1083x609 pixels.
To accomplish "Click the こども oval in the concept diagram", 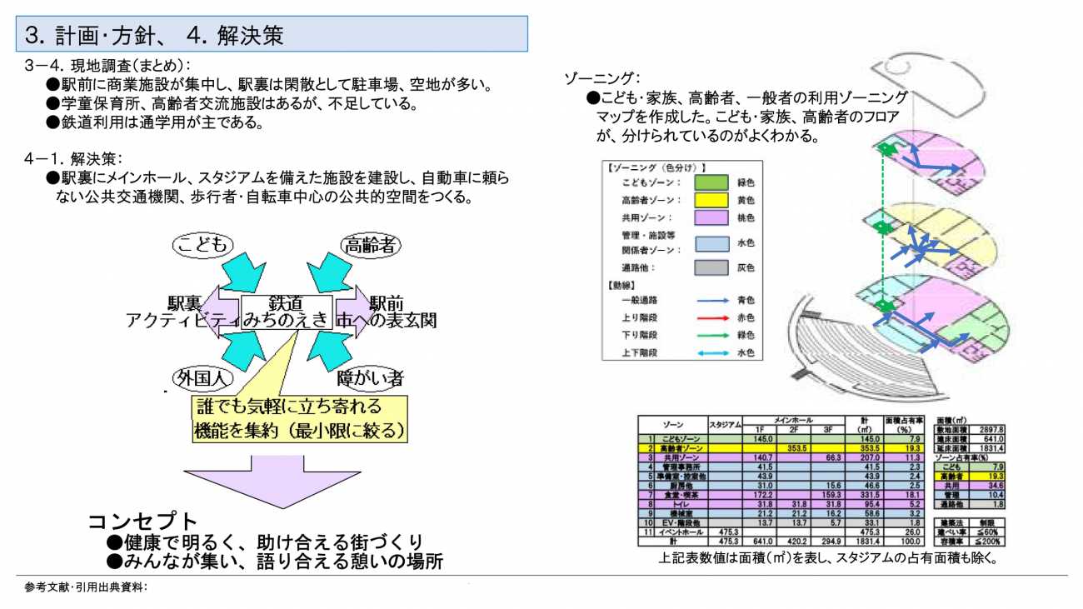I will (x=203, y=244).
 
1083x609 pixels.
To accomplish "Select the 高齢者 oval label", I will (x=370, y=244).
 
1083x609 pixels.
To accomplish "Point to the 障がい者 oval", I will (x=370, y=378).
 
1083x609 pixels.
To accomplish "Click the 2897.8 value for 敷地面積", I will (x=992, y=429).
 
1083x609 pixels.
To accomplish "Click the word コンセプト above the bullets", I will (x=143, y=522).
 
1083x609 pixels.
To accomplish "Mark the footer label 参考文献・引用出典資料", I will (x=86, y=587).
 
